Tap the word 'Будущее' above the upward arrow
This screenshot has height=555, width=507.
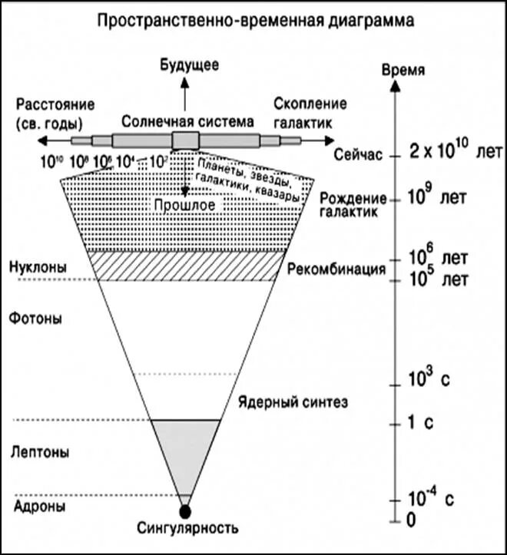pos(184,65)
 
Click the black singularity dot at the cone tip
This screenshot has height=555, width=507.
pos(184,510)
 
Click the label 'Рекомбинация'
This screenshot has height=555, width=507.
pos(336,269)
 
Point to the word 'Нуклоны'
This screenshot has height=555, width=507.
pos(38,267)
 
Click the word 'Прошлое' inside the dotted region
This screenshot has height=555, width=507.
pos(184,205)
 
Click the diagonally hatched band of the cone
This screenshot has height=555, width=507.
pos(184,266)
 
